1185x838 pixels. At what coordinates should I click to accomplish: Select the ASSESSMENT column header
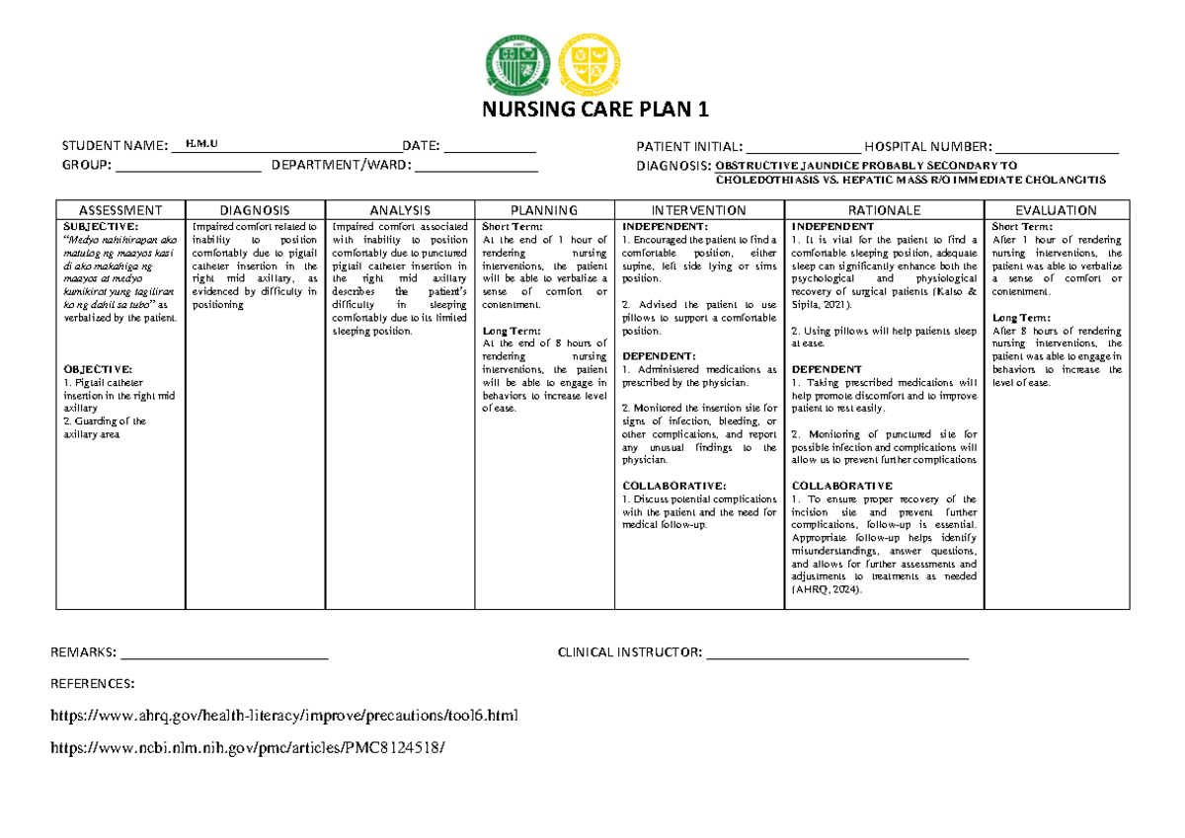120,210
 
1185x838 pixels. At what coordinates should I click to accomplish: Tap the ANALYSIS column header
400,210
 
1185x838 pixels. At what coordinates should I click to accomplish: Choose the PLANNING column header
544,210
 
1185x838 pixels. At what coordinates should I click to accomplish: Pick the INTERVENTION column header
699,210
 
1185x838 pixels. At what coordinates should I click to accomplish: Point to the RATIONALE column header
884,210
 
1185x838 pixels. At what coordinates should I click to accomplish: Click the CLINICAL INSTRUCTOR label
630,652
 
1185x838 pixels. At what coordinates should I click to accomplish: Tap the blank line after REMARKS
223,655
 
